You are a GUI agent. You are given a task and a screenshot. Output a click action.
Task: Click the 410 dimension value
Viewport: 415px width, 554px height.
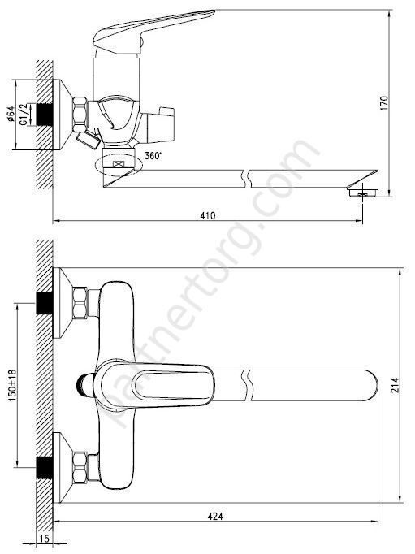click(207, 215)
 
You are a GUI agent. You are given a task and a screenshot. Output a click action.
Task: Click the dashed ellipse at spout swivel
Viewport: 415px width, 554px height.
click(118, 164)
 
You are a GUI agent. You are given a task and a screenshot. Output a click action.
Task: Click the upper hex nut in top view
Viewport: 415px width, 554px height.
click(82, 305)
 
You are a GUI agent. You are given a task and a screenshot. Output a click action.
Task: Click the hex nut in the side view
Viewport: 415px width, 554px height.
click(82, 111)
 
